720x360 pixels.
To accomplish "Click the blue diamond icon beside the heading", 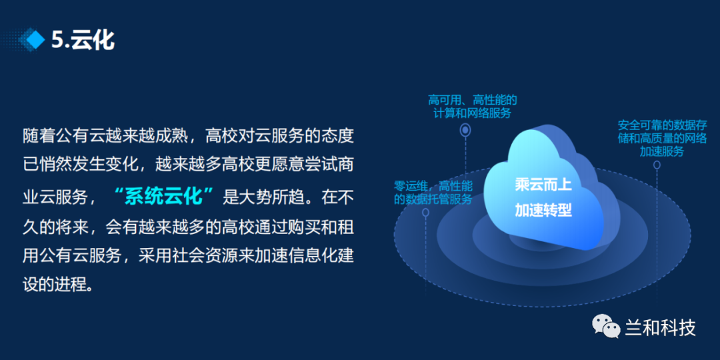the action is tap(35, 41).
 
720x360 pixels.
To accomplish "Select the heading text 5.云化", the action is tap(83, 41).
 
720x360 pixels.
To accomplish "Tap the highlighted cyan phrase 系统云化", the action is tap(164, 197).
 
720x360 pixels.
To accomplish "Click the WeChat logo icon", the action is tap(605, 326).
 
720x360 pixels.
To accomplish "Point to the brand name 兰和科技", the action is tap(660, 327).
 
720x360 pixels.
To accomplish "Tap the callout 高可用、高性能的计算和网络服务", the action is tap(473, 107).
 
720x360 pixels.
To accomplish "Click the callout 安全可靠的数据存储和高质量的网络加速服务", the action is tap(662, 138).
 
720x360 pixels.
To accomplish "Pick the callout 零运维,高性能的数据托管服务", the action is tap(433, 193).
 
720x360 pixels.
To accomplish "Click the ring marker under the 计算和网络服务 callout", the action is tap(465, 131).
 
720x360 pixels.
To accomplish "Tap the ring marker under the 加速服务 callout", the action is tap(657, 165).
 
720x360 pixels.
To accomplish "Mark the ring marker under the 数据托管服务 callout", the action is tap(425, 212).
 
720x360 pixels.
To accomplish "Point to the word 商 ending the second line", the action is tap(345, 164).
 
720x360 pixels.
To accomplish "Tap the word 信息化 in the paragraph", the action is tap(296, 256).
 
